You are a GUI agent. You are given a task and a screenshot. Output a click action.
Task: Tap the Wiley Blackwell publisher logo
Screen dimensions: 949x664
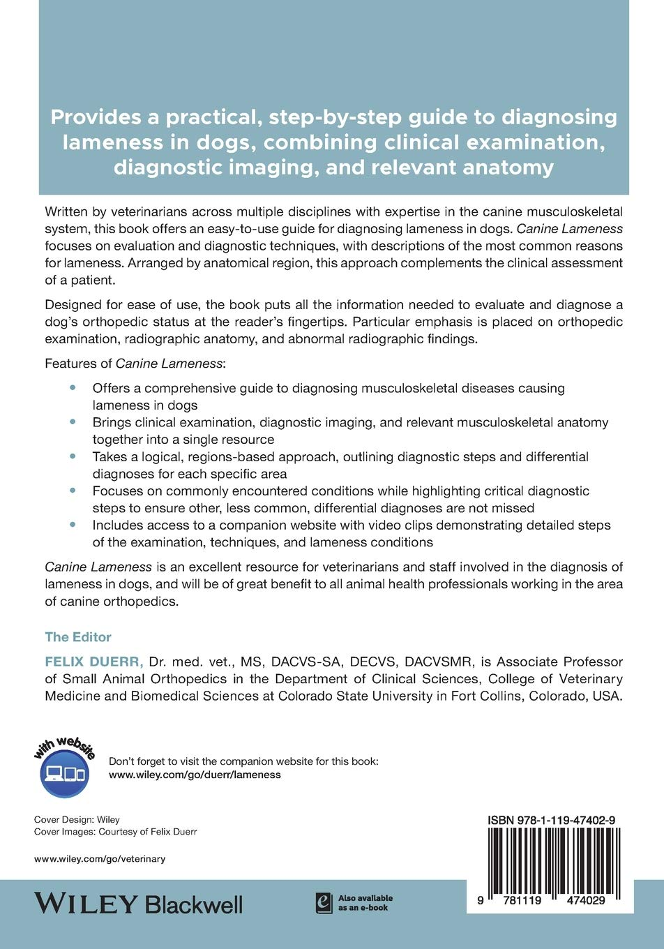(138, 904)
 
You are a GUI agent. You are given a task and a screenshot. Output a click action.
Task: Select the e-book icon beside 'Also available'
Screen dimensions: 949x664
(323, 903)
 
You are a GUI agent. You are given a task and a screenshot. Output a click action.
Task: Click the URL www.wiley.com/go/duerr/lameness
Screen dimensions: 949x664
(195, 775)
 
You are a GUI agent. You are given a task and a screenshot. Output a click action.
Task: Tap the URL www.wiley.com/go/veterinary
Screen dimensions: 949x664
(100, 859)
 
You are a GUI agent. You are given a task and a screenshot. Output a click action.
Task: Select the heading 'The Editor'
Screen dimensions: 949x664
(78, 637)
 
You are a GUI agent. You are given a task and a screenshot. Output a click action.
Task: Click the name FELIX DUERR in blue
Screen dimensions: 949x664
(94, 662)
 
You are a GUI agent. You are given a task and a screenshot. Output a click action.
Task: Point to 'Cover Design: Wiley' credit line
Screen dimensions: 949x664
(77, 820)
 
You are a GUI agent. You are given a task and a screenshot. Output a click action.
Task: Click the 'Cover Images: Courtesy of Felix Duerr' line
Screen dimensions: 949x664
(116, 832)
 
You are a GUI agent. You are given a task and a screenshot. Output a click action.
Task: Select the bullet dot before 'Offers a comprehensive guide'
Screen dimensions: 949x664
(73, 387)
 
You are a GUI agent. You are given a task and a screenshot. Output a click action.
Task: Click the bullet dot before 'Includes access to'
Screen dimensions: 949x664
(73, 525)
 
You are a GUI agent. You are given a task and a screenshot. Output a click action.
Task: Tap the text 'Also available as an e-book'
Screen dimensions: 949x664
(365, 903)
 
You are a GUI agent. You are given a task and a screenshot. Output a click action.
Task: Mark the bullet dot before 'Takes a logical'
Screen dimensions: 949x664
(73, 456)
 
